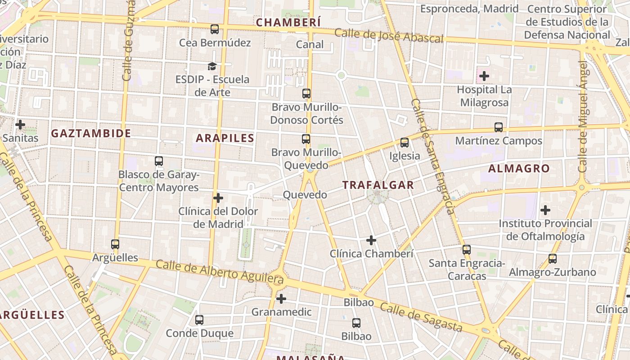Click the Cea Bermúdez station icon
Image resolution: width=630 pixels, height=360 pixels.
(x=215, y=29)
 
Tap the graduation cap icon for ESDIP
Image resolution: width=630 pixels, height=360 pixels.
(x=212, y=67)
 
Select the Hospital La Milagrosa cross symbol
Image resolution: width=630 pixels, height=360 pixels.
(x=484, y=76)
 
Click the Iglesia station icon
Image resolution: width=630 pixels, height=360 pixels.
(x=405, y=143)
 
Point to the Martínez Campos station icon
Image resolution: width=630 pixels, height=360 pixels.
(x=499, y=127)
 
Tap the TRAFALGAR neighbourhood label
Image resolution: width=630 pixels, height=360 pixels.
(x=378, y=185)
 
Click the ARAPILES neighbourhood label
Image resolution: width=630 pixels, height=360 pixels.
(x=225, y=138)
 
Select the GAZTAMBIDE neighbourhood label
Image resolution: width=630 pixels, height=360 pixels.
(x=91, y=133)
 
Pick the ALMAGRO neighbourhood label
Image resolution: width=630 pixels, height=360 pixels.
(x=519, y=169)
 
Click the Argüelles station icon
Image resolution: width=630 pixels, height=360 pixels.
(x=115, y=244)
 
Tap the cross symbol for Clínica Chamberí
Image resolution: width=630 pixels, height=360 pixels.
(x=371, y=240)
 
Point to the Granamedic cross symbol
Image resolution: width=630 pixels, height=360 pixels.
(x=281, y=298)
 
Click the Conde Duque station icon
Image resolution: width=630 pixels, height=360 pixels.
(x=199, y=320)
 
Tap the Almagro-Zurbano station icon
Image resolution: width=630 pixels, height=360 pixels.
(x=553, y=259)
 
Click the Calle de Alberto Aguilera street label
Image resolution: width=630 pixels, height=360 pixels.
(x=220, y=271)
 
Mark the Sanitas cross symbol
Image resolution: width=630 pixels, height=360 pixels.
(x=20, y=125)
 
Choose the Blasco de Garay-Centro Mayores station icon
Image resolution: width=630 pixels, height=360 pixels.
(x=159, y=161)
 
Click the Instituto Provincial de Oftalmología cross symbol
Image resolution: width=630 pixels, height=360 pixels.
(x=545, y=210)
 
